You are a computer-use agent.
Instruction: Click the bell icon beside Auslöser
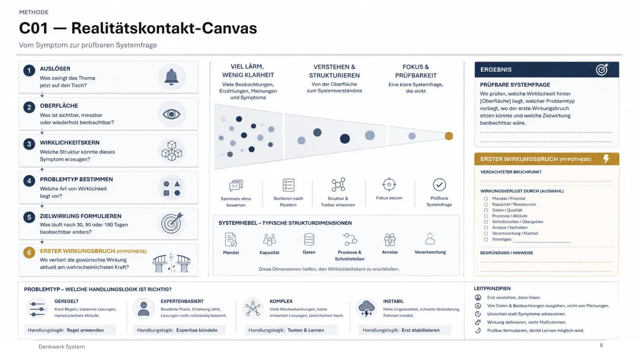(x=171, y=76)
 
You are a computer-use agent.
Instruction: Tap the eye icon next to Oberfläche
(x=171, y=114)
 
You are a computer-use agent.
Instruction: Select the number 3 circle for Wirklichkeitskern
(x=29, y=144)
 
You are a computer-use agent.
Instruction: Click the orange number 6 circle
(x=29, y=253)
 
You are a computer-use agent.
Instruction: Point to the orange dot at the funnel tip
(x=449, y=136)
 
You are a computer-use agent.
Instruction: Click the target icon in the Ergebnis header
(x=602, y=69)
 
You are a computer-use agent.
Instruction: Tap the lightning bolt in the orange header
(x=606, y=159)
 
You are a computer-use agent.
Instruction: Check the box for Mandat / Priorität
(x=486, y=198)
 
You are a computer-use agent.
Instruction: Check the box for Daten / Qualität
(x=486, y=210)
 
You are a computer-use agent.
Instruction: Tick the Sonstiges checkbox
(x=486, y=239)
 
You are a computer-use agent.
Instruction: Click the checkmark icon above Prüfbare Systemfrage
(x=439, y=185)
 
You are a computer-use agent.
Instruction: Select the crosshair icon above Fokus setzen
(x=389, y=184)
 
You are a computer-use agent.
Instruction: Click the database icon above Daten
(x=309, y=239)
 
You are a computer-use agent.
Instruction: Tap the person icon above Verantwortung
(x=430, y=239)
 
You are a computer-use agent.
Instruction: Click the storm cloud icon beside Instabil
(x=366, y=308)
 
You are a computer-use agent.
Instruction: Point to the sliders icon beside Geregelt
(x=37, y=308)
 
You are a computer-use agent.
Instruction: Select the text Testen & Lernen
(x=306, y=330)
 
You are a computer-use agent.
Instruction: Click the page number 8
(x=601, y=345)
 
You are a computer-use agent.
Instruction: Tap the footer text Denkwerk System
(x=62, y=346)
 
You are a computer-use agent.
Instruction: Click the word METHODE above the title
(x=34, y=12)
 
